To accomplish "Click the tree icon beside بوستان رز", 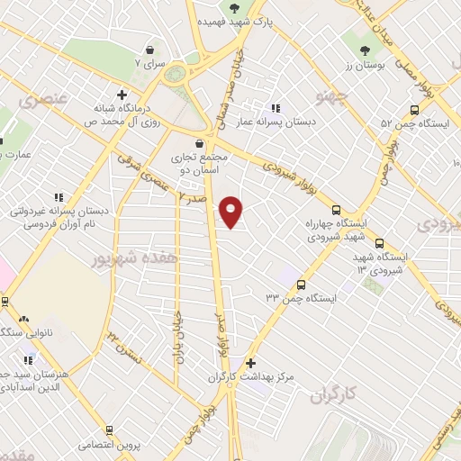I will click(365, 50).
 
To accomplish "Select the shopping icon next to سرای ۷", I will click(149, 50).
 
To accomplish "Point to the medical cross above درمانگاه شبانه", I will click(122, 94).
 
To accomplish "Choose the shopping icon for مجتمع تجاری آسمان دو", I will click(200, 142).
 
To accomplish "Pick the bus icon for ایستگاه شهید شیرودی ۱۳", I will click(379, 242).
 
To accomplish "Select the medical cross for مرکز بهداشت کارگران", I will click(250, 362).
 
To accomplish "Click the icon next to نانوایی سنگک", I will click(23, 319).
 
